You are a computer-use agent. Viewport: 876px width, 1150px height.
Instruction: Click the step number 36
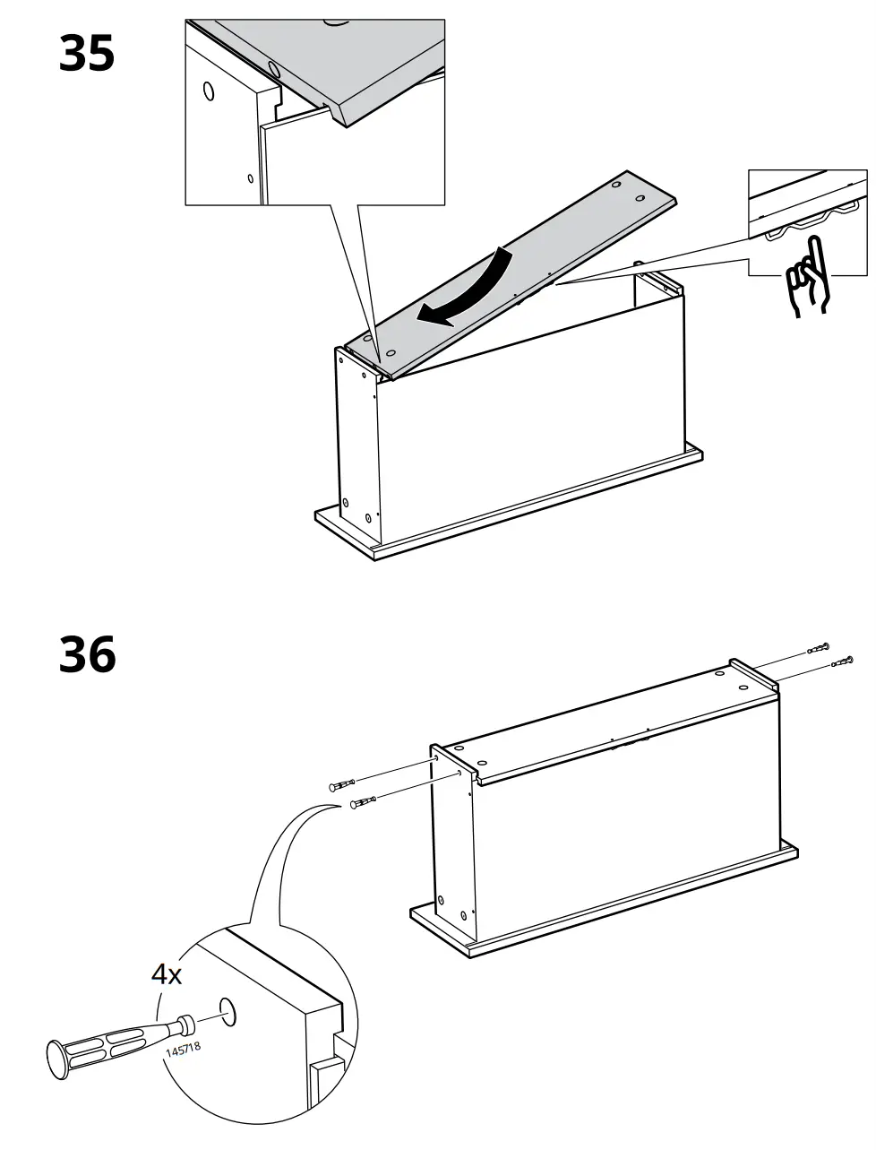(x=87, y=655)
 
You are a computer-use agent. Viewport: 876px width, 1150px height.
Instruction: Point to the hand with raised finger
(x=809, y=278)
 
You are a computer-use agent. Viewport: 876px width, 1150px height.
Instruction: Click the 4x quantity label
(x=166, y=973)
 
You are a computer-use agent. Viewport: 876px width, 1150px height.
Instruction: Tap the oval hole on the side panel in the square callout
(x=209, y=91)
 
